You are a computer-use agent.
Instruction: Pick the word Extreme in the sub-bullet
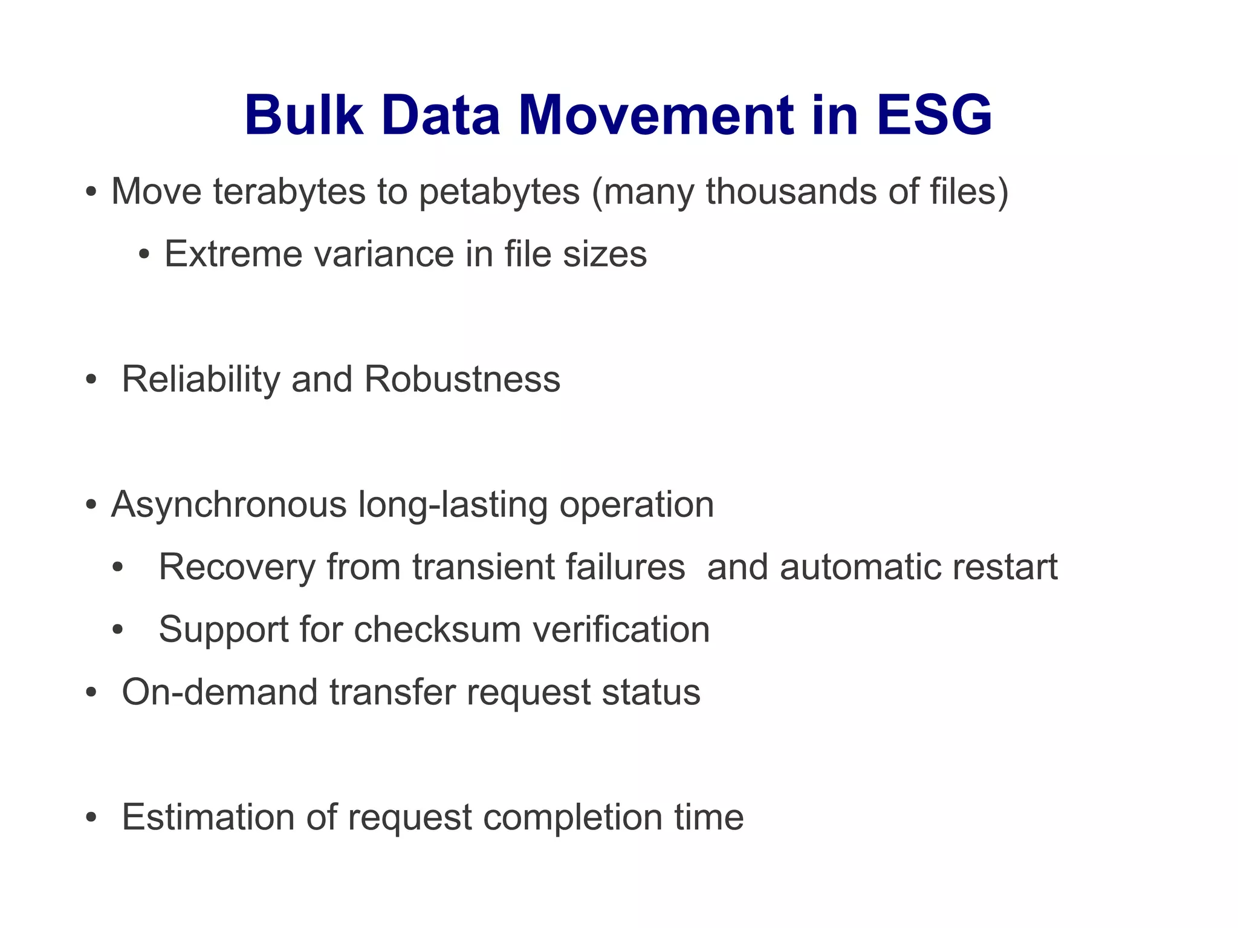(x=233, y=254)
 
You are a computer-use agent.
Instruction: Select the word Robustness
(x=462, y=380)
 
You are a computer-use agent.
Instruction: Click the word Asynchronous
(x=228, y=505)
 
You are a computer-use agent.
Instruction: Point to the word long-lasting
(x=453, y=505)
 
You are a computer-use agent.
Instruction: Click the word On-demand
(x=219, y=692)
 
